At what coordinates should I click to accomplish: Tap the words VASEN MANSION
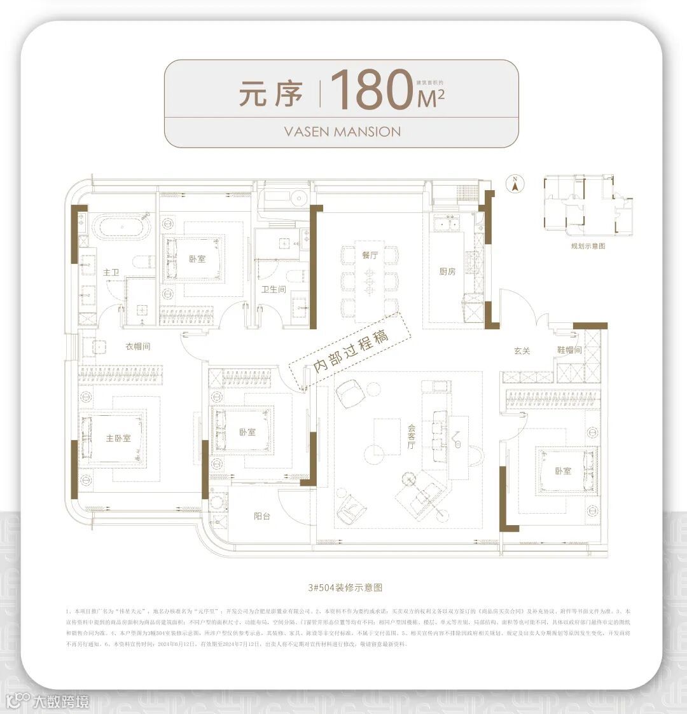342,132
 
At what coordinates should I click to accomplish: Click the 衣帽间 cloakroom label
137,347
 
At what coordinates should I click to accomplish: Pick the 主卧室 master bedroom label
118,438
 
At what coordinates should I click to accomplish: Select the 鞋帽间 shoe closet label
569,350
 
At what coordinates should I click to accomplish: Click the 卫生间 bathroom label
274,289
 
